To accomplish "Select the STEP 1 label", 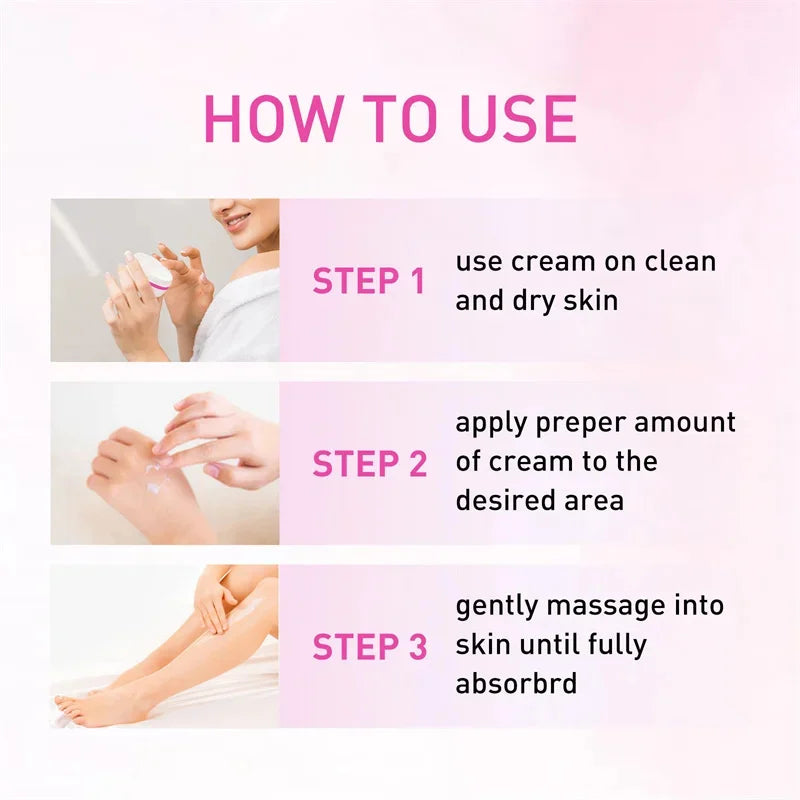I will [x=369, y=281].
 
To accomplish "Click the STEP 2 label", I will [x=369, y=464].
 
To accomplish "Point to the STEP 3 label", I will [x=369, y=647].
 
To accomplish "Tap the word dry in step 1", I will [x=541, y=301].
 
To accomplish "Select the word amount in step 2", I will [x=687, y=422].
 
